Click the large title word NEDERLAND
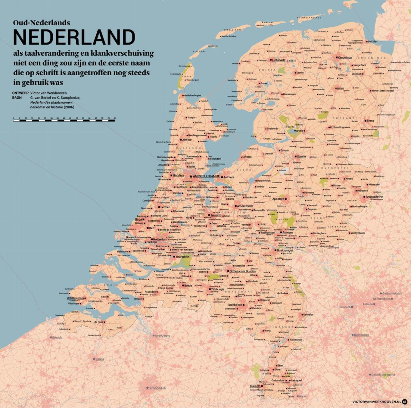click(74, 37)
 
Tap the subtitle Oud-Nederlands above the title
click(41, 22)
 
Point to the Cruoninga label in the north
click(345, 57)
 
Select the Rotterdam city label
click(160, 239)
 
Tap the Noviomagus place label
click(285, 250)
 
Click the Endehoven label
click(235, 305)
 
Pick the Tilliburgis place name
click(218, 289)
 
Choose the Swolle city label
click(301, 156)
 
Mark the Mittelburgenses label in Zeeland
click(75, 298)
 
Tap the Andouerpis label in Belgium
click(162, 336)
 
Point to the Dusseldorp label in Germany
click(361, 335)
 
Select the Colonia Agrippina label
click(383, 374)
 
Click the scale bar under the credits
click(64, 121)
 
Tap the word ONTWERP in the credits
click(20, 93)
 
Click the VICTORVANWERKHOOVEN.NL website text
click(376, 401)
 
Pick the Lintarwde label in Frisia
click(279, 60)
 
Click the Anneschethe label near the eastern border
click(374, 197)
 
